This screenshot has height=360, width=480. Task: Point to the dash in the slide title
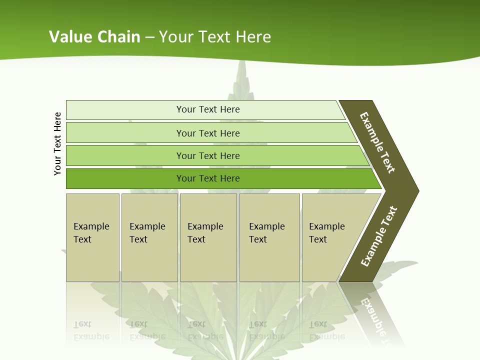[149, 37]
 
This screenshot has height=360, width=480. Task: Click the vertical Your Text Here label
[58, 143]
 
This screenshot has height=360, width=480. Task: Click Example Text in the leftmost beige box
[91, 233]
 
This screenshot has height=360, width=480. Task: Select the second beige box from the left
[149, 237]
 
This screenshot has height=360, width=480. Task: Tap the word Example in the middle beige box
[205, 226]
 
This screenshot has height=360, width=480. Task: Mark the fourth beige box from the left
[269, 237]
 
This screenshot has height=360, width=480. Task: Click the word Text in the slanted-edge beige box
[317, 239]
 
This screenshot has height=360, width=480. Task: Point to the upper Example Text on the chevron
[377, 142]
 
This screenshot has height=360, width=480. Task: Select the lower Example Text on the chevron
[379, 236]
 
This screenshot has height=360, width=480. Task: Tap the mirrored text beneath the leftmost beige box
[91, 330]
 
